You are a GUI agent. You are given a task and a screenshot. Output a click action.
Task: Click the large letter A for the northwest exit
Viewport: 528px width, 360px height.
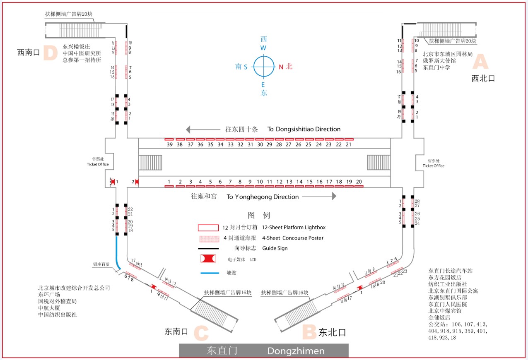coord(480,62)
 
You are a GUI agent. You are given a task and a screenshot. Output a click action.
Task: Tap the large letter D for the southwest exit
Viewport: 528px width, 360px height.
coord(50,53)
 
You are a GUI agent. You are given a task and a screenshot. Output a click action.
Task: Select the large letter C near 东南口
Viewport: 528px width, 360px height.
coord(201,332)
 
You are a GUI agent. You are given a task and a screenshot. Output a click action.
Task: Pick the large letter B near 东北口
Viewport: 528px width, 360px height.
coord(309,332)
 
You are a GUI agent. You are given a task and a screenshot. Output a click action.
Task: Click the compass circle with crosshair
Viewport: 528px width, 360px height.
coord(264,66)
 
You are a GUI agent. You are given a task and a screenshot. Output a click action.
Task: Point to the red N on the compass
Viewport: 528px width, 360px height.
coord(281,67)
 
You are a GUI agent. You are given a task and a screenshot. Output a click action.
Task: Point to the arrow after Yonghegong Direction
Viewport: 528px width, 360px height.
coord(319,197)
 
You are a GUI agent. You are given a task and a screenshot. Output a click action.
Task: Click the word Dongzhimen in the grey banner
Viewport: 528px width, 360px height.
coord(296,351)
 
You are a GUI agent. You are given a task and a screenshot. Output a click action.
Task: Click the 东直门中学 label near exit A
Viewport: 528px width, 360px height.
coord(436,67)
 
